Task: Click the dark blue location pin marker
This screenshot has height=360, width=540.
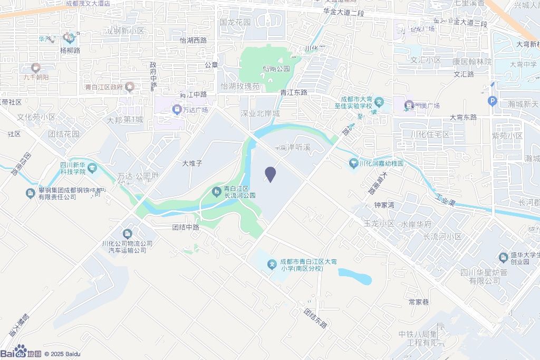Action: [x=270, y=174]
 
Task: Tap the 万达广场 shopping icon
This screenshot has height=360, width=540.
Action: [x=177, y=110]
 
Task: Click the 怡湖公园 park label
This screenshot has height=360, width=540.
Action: [x=276, y=69]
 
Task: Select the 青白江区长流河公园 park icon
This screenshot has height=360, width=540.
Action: [x=216, y=191]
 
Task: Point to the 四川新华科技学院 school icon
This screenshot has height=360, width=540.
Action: [x=93, y=168]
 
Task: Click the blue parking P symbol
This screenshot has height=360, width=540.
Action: [x=493, y=101]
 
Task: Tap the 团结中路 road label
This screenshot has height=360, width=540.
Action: [x=186, y=228]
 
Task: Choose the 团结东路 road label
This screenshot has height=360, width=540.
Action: [x=315, y=318]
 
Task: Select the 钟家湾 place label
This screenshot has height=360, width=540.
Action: [x=384, y=205]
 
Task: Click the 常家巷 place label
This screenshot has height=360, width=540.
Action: [x=419, y=302]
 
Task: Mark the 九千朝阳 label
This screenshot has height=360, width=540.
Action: [x=36, y=77]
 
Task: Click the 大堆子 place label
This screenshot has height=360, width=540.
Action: [x=192, y=163]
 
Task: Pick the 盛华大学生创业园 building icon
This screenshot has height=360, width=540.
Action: [x=503, y=257]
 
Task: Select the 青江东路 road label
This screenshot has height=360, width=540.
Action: [x=293, y=92]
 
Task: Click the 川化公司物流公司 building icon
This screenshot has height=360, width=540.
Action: [x=127, y=233]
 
